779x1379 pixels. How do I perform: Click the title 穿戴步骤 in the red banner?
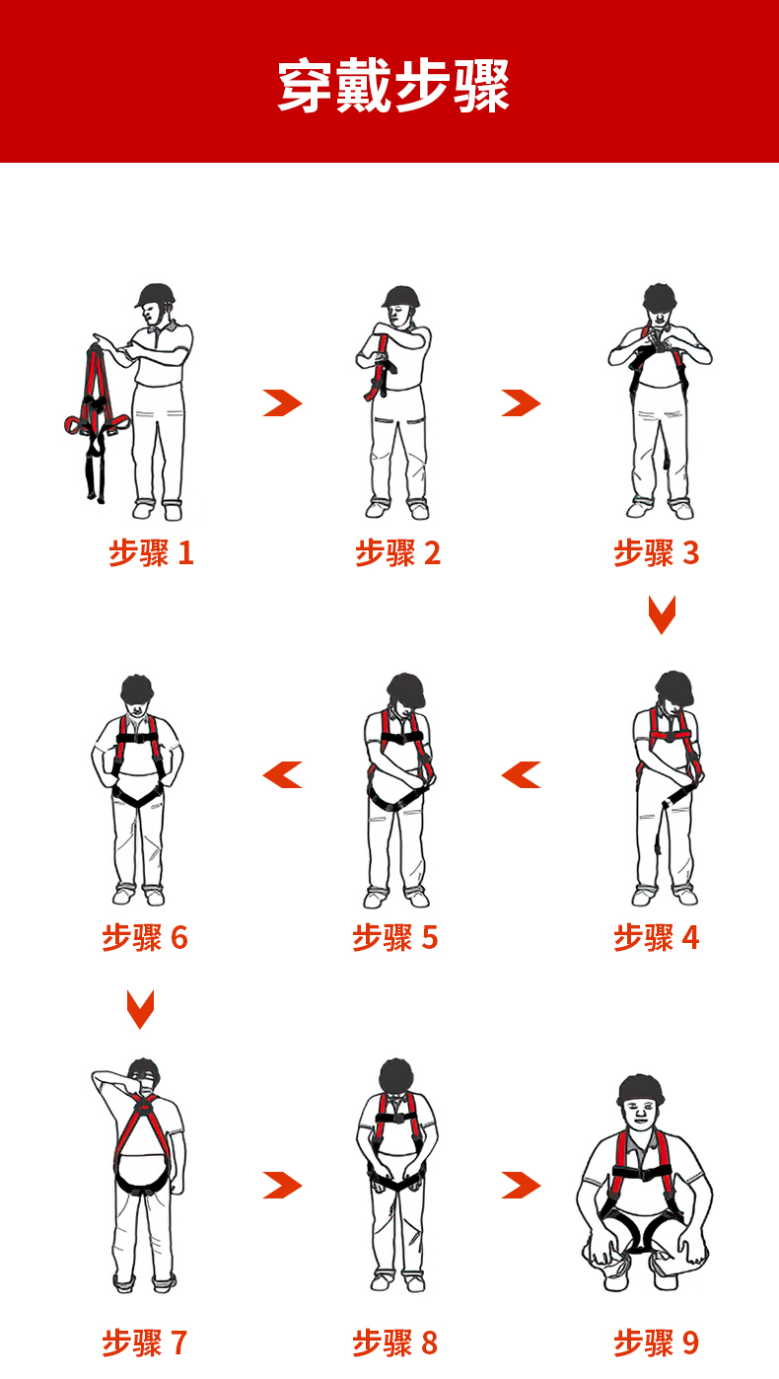click(393, 85)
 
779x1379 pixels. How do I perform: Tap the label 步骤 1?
click(152, 552)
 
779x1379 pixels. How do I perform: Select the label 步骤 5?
click(395, 938)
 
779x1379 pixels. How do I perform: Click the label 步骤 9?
click(657, 1343)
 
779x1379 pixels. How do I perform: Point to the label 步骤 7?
click(145, 1343)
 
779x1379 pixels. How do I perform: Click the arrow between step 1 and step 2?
click(282, 403)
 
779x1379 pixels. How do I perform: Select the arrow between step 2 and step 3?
click(522, 403)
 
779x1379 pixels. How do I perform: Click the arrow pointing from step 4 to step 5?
click(522, 774)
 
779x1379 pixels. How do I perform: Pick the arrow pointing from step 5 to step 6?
click(282, 774)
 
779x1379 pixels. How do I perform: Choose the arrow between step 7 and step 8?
click(282, 1185)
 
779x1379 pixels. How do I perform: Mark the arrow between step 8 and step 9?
click(522, 1185)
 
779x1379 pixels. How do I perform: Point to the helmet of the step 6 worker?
click(137, 689)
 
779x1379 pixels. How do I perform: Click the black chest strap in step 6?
click(138, 738)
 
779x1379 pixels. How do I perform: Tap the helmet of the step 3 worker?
click(660, 297)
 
